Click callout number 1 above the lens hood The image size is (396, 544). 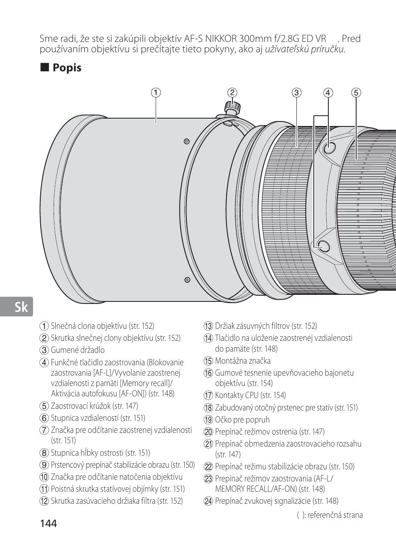(156, 92)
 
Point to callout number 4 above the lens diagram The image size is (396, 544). (328, 92)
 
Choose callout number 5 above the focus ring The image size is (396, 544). (356, 92)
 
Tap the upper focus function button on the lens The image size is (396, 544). (329, 147)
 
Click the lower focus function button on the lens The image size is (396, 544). (323, 245)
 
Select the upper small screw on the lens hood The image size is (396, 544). (186, 142)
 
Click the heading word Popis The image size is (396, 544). (67, 68)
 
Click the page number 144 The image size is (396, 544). (49, 523)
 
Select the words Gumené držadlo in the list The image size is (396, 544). (78, 350)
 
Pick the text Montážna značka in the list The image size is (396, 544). (242, 361)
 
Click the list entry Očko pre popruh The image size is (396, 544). (242, 420)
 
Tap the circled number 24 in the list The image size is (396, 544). (208, 501)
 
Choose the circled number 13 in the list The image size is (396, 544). (208, 326)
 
